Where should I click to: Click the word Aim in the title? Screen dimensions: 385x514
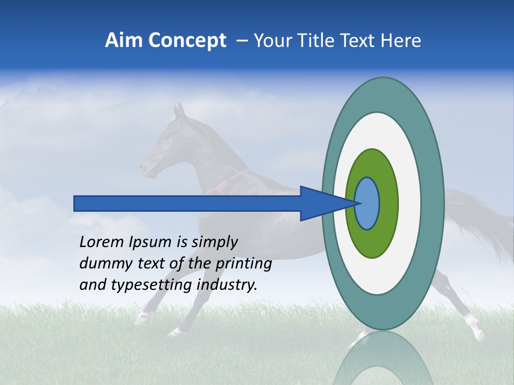tap(124, 41)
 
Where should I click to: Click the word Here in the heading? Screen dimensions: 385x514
tap(401, 41)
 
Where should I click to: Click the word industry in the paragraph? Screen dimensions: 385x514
tap(227, 285)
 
